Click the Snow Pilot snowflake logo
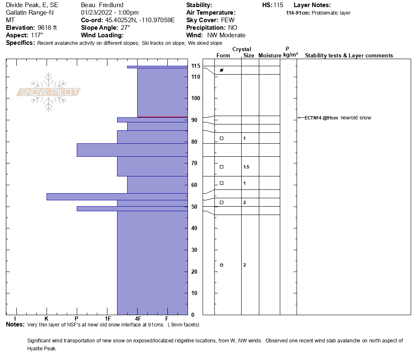point(49,92)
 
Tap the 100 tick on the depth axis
point(195,98)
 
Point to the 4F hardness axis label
point(138,319)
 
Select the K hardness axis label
point(47,319)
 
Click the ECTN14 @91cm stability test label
point(321,118)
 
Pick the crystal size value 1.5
point(246,167)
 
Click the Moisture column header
point(270,56)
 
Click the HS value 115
point(278,5)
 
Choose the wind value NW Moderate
point(226,35)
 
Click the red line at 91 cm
point(162,117)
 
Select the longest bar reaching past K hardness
point(117,197)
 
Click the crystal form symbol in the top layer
point(222,70)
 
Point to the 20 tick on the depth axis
point(195,272)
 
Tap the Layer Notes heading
point(312,5)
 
